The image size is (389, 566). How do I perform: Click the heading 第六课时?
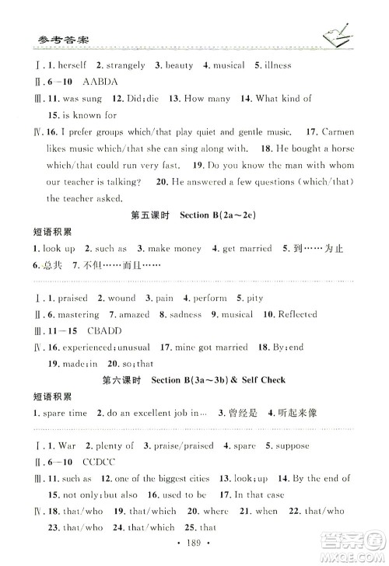tap(121, 380)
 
